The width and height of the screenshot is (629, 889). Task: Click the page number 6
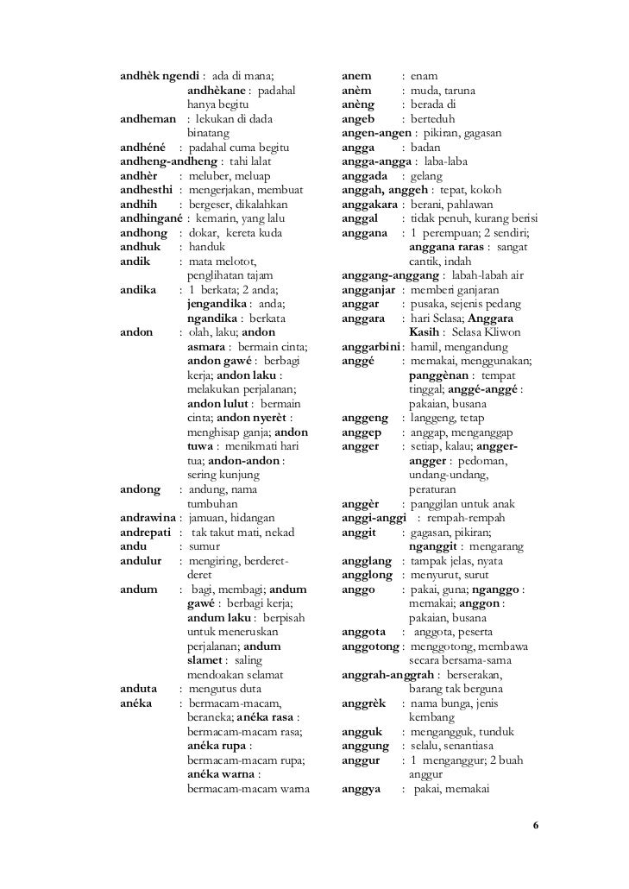(536, 826)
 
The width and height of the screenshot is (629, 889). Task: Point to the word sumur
(204, 546)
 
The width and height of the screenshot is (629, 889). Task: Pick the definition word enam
(424, 77)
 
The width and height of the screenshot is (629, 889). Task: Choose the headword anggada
(367, 176)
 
